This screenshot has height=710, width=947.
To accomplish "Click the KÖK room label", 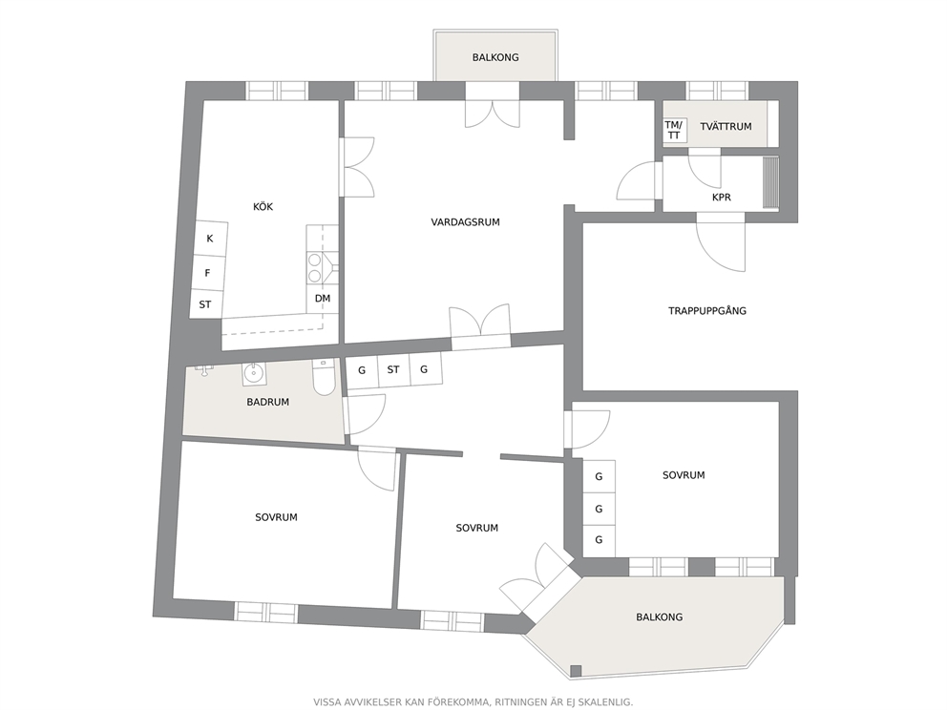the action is (x=263, y=206).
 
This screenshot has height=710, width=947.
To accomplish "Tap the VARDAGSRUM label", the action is (x=465, y=222).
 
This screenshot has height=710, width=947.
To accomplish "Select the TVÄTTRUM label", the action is (x=726, y=126).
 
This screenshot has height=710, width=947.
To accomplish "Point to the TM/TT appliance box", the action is (x=673, y=130).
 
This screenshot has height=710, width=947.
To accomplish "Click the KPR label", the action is (x=721, y=198).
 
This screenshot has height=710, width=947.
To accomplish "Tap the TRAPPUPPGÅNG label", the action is (x=707, y=311).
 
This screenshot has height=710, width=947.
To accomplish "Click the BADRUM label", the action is (x=267, y=402).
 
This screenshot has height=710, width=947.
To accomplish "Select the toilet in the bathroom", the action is (x=324, y=377).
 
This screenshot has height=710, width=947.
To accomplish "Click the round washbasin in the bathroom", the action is (x=254, y=373).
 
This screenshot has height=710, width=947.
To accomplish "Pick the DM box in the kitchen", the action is (x=322, y=299).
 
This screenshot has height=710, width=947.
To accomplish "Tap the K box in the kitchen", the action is (x=210, y=238).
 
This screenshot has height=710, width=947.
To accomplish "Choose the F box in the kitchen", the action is (x=208, y=273).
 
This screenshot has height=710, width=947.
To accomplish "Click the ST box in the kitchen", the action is (x=206, y=304).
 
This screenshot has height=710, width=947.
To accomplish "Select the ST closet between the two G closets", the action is (x=393, y=369).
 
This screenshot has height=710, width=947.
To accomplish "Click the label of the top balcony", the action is (x=495, y=57).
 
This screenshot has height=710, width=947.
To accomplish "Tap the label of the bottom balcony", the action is (x=659, y=617).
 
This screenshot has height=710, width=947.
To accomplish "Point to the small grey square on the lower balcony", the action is (x=577, y=670).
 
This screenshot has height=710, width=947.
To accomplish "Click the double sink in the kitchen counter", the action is (x=315, y=268).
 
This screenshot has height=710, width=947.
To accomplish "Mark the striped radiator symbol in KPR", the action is (x=770, y=183).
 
